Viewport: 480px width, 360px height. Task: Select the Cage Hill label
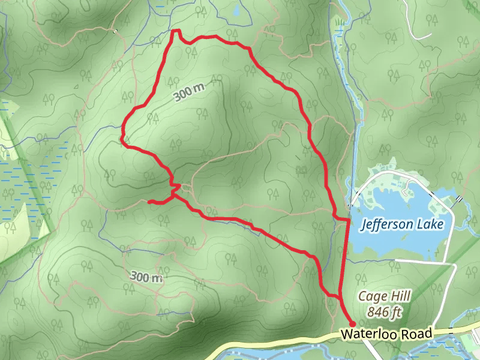coord(379,296)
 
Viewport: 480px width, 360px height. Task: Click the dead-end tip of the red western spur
coord(149,202)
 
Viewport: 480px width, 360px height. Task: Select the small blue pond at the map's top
coord(236,10)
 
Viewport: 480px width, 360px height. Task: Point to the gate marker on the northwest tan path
coord(114,31)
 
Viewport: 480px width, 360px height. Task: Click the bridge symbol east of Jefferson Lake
coord(459,199)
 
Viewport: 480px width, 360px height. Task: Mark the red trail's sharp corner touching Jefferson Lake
coord(348,220)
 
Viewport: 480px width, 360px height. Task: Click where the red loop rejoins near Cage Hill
coord(339,296)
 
